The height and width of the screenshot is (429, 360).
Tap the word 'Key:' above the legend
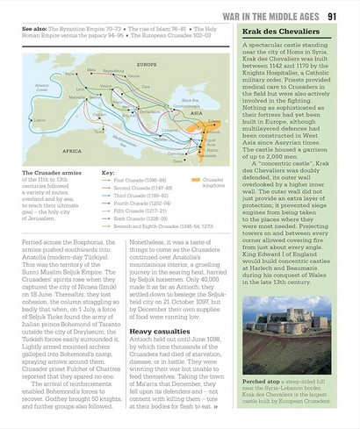click(x=109, y=172)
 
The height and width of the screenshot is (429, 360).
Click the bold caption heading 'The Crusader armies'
click(x=47, y=173)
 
